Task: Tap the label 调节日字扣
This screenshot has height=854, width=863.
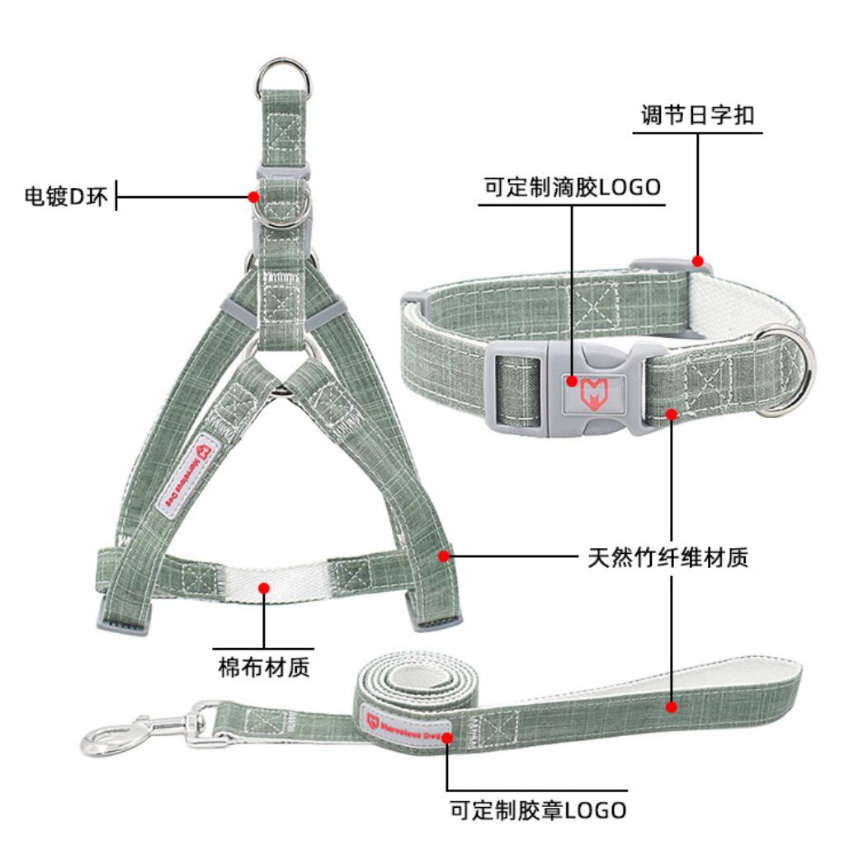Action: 697,115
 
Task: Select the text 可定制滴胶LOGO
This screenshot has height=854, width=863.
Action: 573,187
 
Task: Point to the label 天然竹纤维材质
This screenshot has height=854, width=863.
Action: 668,558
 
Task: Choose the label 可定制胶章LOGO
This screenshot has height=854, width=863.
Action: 538,809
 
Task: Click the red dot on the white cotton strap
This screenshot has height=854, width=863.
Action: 264,588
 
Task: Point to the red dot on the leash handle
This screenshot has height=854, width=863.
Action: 672,706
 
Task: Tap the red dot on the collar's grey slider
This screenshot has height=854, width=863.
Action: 698,261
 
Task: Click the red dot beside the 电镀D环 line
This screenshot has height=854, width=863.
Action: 253,196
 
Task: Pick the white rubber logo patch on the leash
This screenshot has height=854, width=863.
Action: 408,721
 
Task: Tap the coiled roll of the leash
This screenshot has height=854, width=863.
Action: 413,688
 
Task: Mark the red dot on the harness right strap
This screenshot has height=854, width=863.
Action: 444,556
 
